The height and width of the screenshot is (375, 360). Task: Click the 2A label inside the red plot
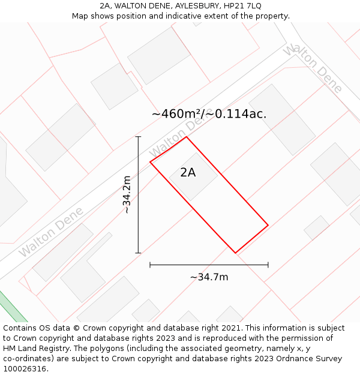click(x=188, y=173)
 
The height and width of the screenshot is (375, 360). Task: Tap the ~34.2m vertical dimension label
click(x=127, y=194)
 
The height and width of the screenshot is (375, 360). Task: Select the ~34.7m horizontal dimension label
click(x=209, y=277)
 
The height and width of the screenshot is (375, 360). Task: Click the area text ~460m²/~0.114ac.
click(x=209, y=113)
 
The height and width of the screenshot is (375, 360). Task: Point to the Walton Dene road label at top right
click(x=313, y=68)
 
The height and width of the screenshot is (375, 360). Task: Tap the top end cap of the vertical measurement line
click(x=138, y=137)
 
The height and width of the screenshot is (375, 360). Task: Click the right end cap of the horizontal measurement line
click(x=268, y=265)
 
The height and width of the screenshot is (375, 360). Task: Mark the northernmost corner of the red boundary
click(x=187, y=137)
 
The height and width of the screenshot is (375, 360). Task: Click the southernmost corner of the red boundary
click(x=235, y=253)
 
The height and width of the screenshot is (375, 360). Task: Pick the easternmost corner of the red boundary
click(x=268, y=226)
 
